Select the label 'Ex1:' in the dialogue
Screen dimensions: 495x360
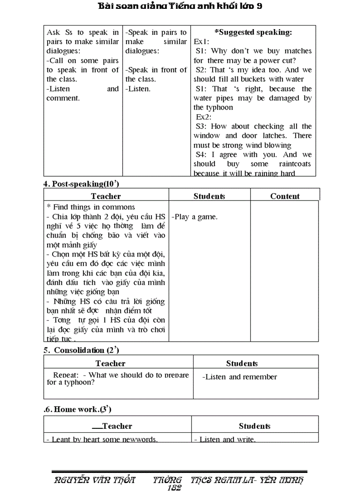pos(202,41)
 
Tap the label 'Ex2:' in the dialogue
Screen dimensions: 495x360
pos(204,117)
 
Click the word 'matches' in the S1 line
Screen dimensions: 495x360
pos(298,51)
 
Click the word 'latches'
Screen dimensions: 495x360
pos(278,136)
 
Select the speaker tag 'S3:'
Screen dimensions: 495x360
pos(202,127)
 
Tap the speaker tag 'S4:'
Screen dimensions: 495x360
pos(202,155)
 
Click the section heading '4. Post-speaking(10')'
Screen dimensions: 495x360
pos(81,184)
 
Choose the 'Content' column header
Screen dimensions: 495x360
pos(285,196)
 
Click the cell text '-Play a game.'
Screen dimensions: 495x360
pos(194,217)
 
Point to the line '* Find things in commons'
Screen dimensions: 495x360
pos(91,207)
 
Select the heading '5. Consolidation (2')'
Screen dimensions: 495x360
pos(82,350)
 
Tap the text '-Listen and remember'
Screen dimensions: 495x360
pos(240,377)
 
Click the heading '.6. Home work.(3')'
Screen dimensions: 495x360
pos(78,409)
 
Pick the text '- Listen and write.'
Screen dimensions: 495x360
pos(225,439)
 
